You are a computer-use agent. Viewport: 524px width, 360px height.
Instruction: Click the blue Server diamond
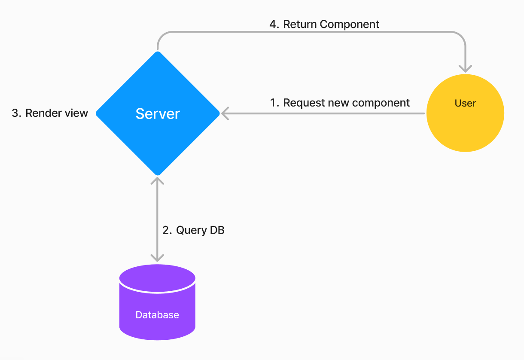(x=158, y=113)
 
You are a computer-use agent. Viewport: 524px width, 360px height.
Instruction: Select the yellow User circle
(x=465, y=113)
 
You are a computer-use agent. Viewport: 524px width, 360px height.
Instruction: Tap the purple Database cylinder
(x=157, y=302)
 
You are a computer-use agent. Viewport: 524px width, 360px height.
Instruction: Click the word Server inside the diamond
(x=158, y=114)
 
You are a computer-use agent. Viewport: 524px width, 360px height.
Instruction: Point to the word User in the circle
(x=465, y=103)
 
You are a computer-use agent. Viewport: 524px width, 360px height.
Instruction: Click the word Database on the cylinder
(x=157, y=315)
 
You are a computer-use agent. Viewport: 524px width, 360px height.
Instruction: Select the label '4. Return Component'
(x=324, y=24)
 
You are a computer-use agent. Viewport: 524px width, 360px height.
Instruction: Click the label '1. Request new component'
(x=340, y=103)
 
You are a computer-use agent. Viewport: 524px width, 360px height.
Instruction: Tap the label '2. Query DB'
(x=193, y=230)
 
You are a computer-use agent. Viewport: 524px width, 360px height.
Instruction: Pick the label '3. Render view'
(x=50, y=113)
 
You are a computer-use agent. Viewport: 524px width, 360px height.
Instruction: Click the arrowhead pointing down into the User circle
(x=465, y=69)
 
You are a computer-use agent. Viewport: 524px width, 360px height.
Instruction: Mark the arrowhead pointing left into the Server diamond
(x=225, y=113)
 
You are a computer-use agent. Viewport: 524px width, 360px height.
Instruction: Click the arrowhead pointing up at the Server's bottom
(x=157, y=181)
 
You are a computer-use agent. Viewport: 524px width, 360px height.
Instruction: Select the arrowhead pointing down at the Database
(x=157, y=258)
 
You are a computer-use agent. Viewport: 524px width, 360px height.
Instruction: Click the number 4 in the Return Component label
(x=273, y=24)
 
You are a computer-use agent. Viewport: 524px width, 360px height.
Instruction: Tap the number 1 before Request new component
(x=273, y=103)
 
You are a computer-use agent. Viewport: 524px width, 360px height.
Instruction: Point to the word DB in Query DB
(x=217, y=230)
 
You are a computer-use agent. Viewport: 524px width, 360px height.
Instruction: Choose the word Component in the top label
(x=349, y=25)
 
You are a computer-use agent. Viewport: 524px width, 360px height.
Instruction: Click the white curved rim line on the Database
(x=157, y=292)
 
